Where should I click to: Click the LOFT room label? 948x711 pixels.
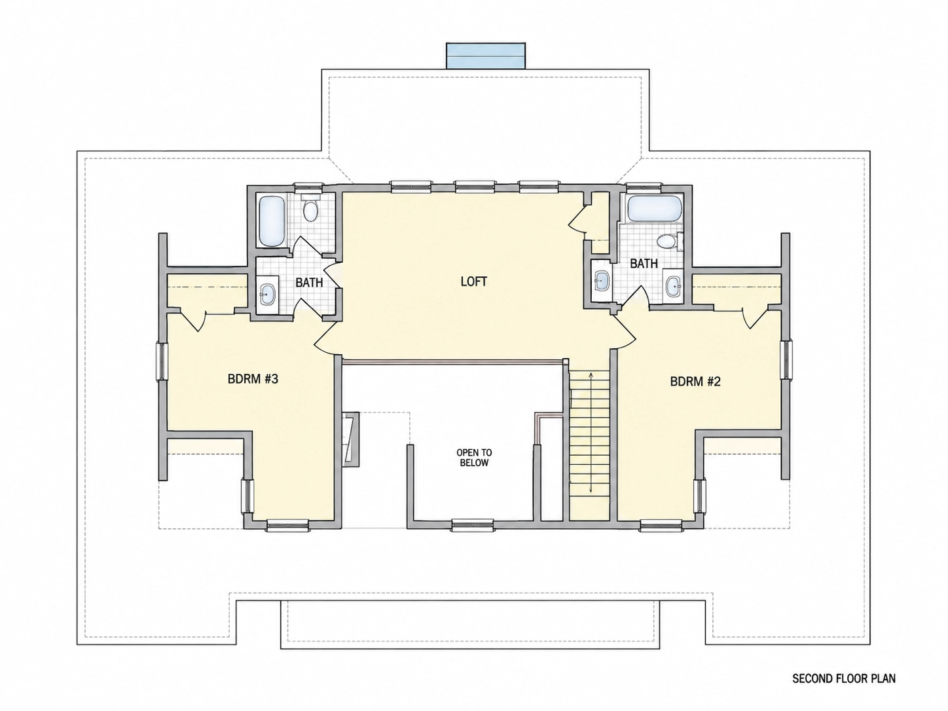click(x=474, y=282)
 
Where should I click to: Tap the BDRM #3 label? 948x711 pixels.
click(x=253, y=379)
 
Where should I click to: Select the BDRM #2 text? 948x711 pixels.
click(x=695, y=382)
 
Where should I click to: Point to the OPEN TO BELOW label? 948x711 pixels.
click(x=474, y=458)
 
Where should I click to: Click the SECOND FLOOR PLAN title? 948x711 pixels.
click(x=844, y=679)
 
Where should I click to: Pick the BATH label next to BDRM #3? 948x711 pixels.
click(x=309, y=283)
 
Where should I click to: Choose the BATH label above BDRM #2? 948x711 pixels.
click(x=644, y=263)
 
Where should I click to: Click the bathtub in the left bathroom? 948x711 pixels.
click(x=272, y=221)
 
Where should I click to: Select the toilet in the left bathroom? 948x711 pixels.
click(x=310, y=209)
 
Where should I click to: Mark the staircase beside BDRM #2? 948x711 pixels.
click(x=589, y=445)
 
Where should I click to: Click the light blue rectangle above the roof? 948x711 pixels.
click(x=486, y=55)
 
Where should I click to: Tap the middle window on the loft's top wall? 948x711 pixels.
click(x=475, y=186)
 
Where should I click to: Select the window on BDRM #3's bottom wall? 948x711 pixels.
click(x=287, y=525)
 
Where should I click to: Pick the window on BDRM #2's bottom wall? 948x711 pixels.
click(x=661, y=525)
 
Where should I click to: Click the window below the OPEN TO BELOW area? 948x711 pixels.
click(x=472, y=525)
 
